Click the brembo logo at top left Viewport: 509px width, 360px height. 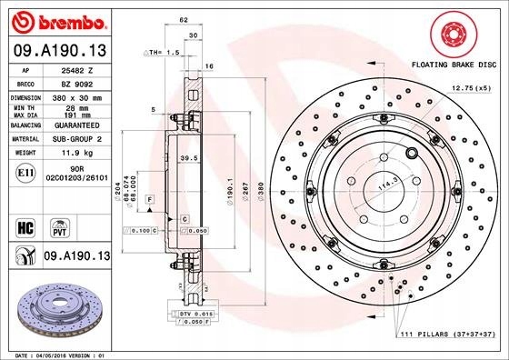57,19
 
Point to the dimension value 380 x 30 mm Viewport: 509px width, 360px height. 78,96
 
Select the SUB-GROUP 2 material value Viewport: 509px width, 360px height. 78,139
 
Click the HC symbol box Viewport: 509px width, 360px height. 25,225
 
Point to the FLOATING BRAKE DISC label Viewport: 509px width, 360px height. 454,65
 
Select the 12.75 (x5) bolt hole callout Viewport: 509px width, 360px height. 471,87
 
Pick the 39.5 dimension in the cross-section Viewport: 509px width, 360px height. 190,157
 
